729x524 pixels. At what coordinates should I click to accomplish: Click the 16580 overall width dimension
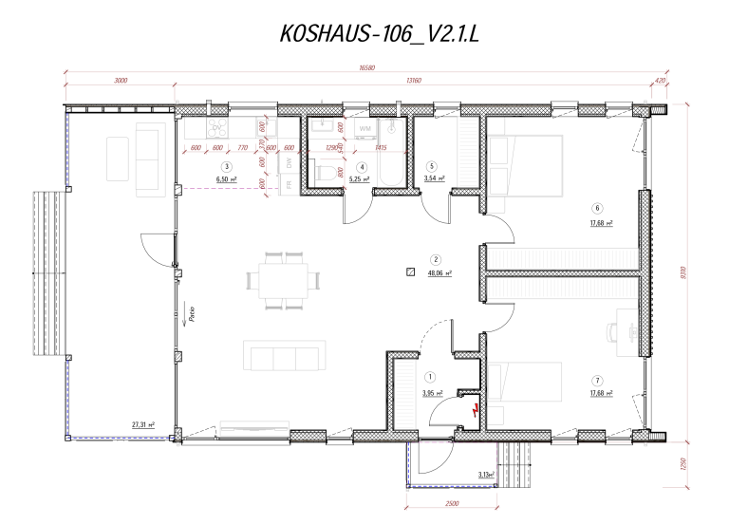click(x=365, y=67)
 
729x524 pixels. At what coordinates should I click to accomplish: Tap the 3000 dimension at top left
click(x=121, y=81)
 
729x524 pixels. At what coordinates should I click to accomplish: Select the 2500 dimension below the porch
click(x=452, y=502)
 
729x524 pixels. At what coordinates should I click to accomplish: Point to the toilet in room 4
click(x=325, y=172)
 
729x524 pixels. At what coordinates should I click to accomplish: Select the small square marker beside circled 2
click(x=410, y=271)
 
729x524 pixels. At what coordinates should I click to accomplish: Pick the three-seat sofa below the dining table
click(x=283, y=356)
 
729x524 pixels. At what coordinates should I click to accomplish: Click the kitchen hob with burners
click(x=217, y=126)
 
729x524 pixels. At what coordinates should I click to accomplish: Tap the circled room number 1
click(x=430, y=377)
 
